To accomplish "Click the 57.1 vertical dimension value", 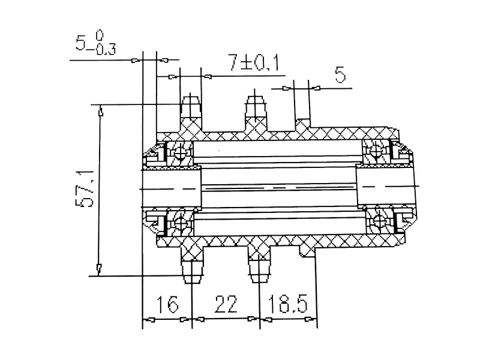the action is pyautogui.click(x=85, y=189).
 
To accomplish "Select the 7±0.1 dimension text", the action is pyautogui.click(x=254, y=62).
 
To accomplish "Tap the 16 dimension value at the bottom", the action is pyautogui.click(x=167, y=304).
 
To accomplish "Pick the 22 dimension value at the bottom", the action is pyautogui.click(x=226, y=304).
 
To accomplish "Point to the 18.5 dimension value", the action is pyautogui.click(x=287, y=304).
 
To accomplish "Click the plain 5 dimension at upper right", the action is pyautogui.click(x=340, y=74).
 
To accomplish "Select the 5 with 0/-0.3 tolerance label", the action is pyautogui.click(x=95, y=43).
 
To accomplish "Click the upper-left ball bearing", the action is pyautogui.click(x=180, y=152).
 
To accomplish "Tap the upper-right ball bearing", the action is pyautogui.click(x=376, y=151).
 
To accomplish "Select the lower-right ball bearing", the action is pyautogui.click(x=379, y=220).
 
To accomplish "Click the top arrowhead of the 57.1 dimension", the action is pyautogui.click(x=100, y=110).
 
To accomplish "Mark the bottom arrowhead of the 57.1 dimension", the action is pyautogui.click(x=99, y=269).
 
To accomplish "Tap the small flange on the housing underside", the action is pyautogui.click(x=307, y=249).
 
